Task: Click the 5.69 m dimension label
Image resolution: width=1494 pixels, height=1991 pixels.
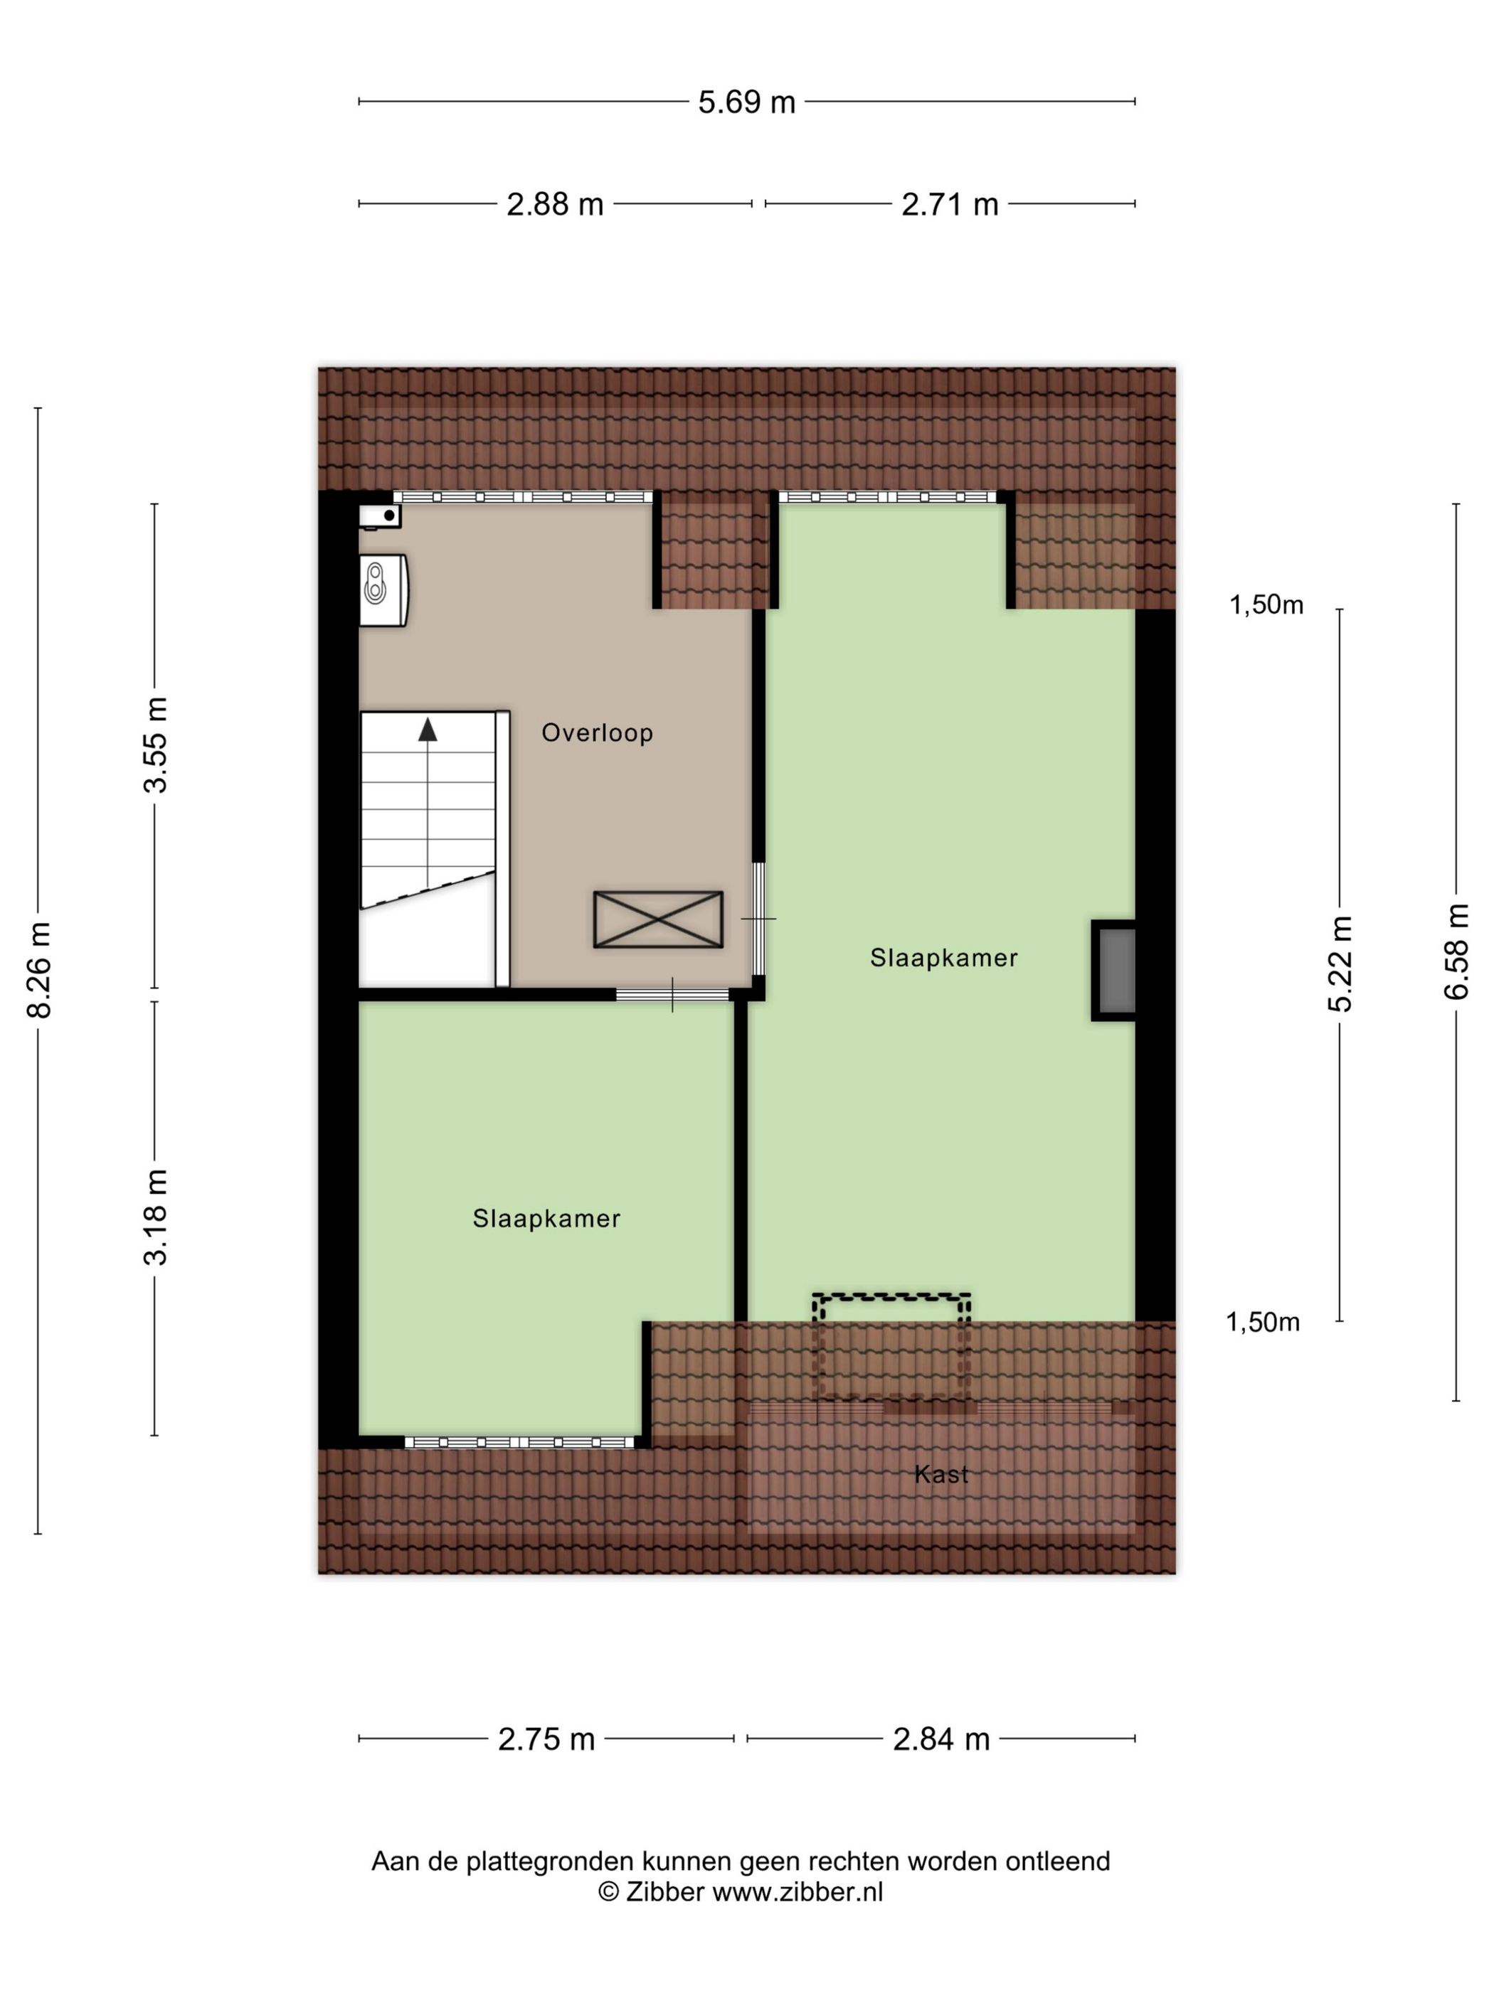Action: (746, 102)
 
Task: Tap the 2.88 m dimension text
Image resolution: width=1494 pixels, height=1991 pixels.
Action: (555, 204)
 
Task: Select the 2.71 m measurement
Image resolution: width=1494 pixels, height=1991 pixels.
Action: (950, 204)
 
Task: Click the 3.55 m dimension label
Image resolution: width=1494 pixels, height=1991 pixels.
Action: (156, 744)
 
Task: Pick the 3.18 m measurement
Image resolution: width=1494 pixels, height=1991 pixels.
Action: (156, 1217)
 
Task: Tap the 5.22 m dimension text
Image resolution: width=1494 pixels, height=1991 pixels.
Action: (1341, 964)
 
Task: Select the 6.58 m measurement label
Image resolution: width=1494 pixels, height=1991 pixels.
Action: (1456, 951)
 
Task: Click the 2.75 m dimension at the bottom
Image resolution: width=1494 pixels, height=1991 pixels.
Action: (546, 1739)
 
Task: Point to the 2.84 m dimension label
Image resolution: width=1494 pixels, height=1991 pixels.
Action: (941, 1739)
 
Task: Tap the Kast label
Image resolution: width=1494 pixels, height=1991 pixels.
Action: (941, 1474)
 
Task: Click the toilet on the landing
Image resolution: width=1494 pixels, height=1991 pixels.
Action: (383, 590)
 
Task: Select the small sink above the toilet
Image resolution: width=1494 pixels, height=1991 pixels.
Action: (380, 516)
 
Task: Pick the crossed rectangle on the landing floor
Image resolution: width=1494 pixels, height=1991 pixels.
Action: (658, 919)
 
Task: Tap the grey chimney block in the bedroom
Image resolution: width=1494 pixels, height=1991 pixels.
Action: (1114, 971)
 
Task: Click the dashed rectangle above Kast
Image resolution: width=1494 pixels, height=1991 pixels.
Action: (891, 1296)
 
